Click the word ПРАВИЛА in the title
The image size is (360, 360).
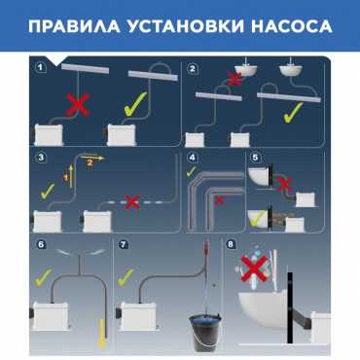pyautogui.click(x=74, y=26)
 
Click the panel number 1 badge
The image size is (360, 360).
pyautogui.click(x=40, y=68)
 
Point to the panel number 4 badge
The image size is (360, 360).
pyautogui.click(x=193, y=158)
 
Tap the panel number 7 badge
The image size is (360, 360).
pyautogui.click(x=124, y=244)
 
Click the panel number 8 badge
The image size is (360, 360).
pyautogui.click(x=231, y=244)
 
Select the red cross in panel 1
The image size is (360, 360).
pyautogui.click(x=78, y=105)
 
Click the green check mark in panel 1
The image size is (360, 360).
pyautogui.click(x=135, y=104)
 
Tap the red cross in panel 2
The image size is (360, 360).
pyautogui.click(x=235, y=79)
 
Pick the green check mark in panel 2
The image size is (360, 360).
pyautogui.click(x=293, y=113)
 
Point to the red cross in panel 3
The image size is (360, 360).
pyautogui.click(x=132, y=201)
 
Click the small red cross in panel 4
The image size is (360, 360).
pyautogui.click(x=220, y=200)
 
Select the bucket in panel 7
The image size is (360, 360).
pyautogui.click(x=205, y=332)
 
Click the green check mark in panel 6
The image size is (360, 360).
pyautogui.click(x=44, y=277)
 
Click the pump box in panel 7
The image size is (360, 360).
pyautogui.click(x=138, y=317)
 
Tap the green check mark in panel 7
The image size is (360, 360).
pyautogui.click(x=126, y=277)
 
